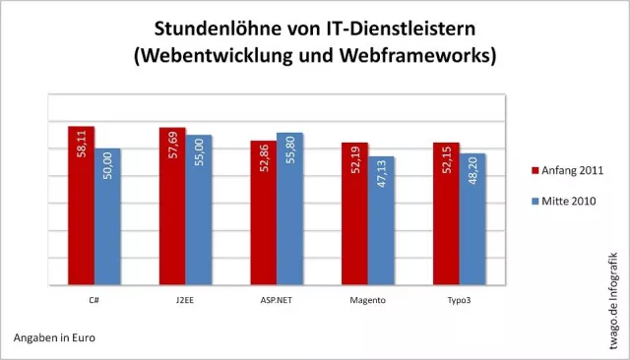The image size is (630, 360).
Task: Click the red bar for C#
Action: pos(82,206)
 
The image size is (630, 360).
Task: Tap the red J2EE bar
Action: pos(172,207)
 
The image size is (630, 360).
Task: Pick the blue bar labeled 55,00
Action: pos(199,210)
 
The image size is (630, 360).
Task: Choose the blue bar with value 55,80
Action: pos(289,209)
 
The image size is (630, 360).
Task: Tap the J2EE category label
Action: pos(184,299)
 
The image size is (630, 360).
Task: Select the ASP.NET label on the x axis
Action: pos(276,299)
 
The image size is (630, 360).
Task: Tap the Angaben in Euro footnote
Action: pos(54,338)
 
